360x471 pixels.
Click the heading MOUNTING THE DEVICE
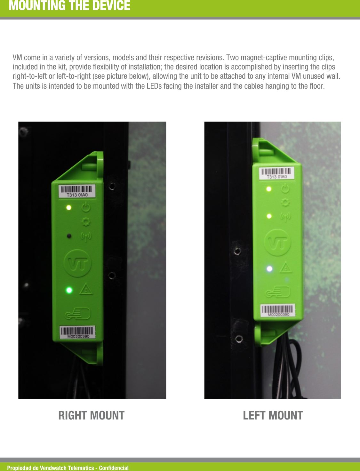[x=69, y=6]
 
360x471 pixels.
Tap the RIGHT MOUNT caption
[x=91, y=415]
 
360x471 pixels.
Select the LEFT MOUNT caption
[x=273, y=415]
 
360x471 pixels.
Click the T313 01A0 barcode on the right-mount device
[x=77, y=191]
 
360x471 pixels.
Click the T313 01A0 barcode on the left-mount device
[x=277, y=173]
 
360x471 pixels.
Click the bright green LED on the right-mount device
[x=69, y=290]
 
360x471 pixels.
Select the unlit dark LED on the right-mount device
[x=69, y=236]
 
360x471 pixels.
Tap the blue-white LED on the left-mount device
[x=269, y=269]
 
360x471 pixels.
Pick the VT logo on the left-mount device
[x=278, y=243]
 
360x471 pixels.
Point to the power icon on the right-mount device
[x=86, y=208]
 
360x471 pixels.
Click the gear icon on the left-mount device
[x=285, y=203]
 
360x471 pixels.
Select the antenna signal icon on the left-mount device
[x=285, y=217]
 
